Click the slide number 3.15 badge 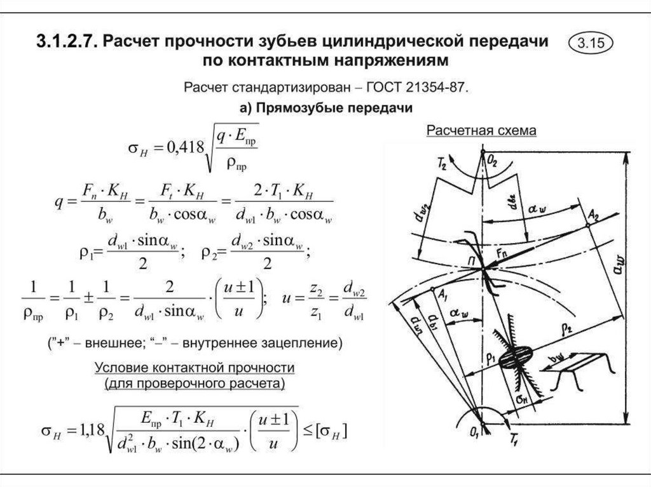point(591,44)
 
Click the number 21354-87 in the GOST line point(438,87)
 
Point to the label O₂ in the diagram point(494,161)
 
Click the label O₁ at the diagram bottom point(472,431)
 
